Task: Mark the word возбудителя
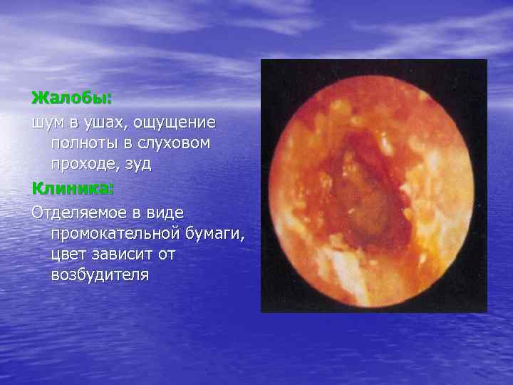coord(99,274)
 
